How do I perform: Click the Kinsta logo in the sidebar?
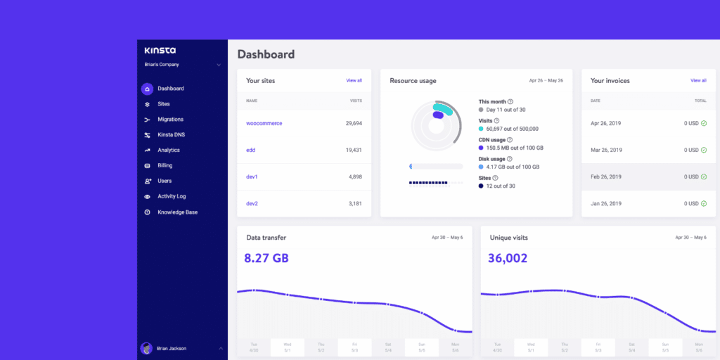coord(160,51)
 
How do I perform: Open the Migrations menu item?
coord(170,120)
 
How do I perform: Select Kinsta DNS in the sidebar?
coord(171,135)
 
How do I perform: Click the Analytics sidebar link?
coord(168,150)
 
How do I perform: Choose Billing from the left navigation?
coord(165,166)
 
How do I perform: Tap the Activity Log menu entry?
coord(172,197)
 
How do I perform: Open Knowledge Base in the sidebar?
coord(177,212)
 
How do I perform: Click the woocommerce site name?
coord(264,124)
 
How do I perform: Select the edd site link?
coord(250,150)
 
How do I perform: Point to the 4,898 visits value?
coord(355,177)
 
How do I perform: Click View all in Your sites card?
coord(354,81)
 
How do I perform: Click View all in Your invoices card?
coord(698,81)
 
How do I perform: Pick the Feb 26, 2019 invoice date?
coord(606,177)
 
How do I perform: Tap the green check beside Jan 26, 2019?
coord(703,204)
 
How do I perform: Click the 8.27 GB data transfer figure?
coord(266,259)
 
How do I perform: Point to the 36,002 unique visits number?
coord(508,259)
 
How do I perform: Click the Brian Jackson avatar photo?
coord(146,348)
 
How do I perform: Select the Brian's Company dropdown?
coord(182,65)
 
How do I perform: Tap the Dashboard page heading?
coord(266,54)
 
